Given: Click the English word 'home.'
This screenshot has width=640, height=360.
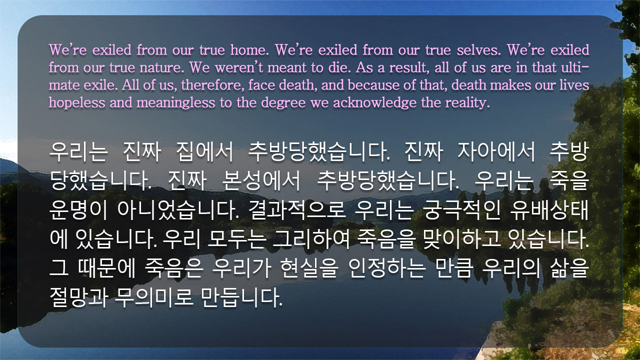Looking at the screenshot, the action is pyautogui.click(x=249, y=50).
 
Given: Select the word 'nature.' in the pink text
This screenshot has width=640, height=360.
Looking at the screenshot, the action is pyautogui.click(x=161, y=67).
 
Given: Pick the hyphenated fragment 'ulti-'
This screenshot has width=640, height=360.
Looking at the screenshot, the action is pyautogui.click(x=575, y=67).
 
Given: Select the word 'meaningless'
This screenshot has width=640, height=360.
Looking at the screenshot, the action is pyautogui.click(x=175, y=103).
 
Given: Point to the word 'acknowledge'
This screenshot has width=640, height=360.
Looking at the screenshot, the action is pyautogui.click(x=375, y=103).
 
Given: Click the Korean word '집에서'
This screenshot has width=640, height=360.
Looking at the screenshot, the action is pyautogui.click(x=205, y=151).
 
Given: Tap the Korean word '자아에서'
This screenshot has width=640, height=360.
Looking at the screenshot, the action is pyautogui.click(x=496, y=151).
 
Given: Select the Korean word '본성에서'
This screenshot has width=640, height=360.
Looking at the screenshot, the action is pyautogui.click(x=261, y=180).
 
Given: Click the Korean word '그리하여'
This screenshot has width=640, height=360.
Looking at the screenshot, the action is pyautogui.click(x=311, y=239).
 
